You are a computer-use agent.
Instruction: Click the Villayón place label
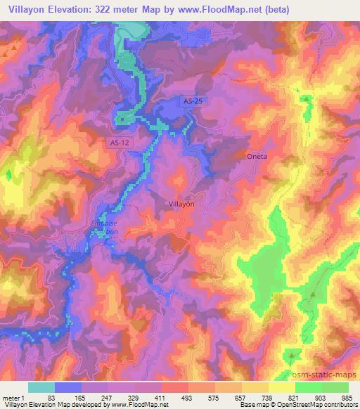pyautogui.click(x=181, y=202)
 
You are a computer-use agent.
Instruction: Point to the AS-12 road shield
pyautogui.click(x=120, y=143)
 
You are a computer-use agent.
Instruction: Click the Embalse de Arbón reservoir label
pyautogui.click(x=108, y=230)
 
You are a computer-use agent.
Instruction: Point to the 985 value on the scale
pyautogui.click(x=346, y=397)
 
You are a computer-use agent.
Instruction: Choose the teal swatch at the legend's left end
pyautogui.click(x=41, y=387)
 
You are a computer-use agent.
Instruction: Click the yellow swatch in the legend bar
pyautogui.click(x=281, y=387)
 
